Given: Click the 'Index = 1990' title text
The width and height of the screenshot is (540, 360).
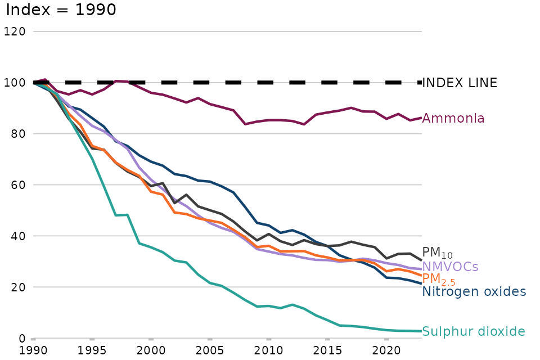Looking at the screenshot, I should coord(61,10).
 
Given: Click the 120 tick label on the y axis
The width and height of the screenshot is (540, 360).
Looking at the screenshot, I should coord(14,31).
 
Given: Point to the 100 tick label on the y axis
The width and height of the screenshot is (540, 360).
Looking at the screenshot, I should coord(14,83).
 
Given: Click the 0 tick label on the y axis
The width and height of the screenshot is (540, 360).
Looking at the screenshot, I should coord(21,339).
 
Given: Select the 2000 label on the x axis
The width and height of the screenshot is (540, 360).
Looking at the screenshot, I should coord(151,351).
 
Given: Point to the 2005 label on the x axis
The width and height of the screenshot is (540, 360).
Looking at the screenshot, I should coord(210,351).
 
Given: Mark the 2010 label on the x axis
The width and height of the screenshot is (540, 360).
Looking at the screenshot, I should coord(268,351).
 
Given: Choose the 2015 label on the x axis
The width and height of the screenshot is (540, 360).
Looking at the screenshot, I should coord(327,351).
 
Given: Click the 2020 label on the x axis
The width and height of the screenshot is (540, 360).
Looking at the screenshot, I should coord(386,351).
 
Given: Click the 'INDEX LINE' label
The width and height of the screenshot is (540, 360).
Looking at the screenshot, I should coord(460,83).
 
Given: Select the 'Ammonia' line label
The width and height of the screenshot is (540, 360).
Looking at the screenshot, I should coord(453,118).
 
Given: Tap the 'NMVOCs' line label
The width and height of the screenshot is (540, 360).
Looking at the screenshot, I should coord(450,267).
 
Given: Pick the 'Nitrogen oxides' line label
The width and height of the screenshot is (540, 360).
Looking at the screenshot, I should coord(474,291).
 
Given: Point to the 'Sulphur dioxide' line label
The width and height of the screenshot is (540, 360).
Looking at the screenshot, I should coord(474,331).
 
